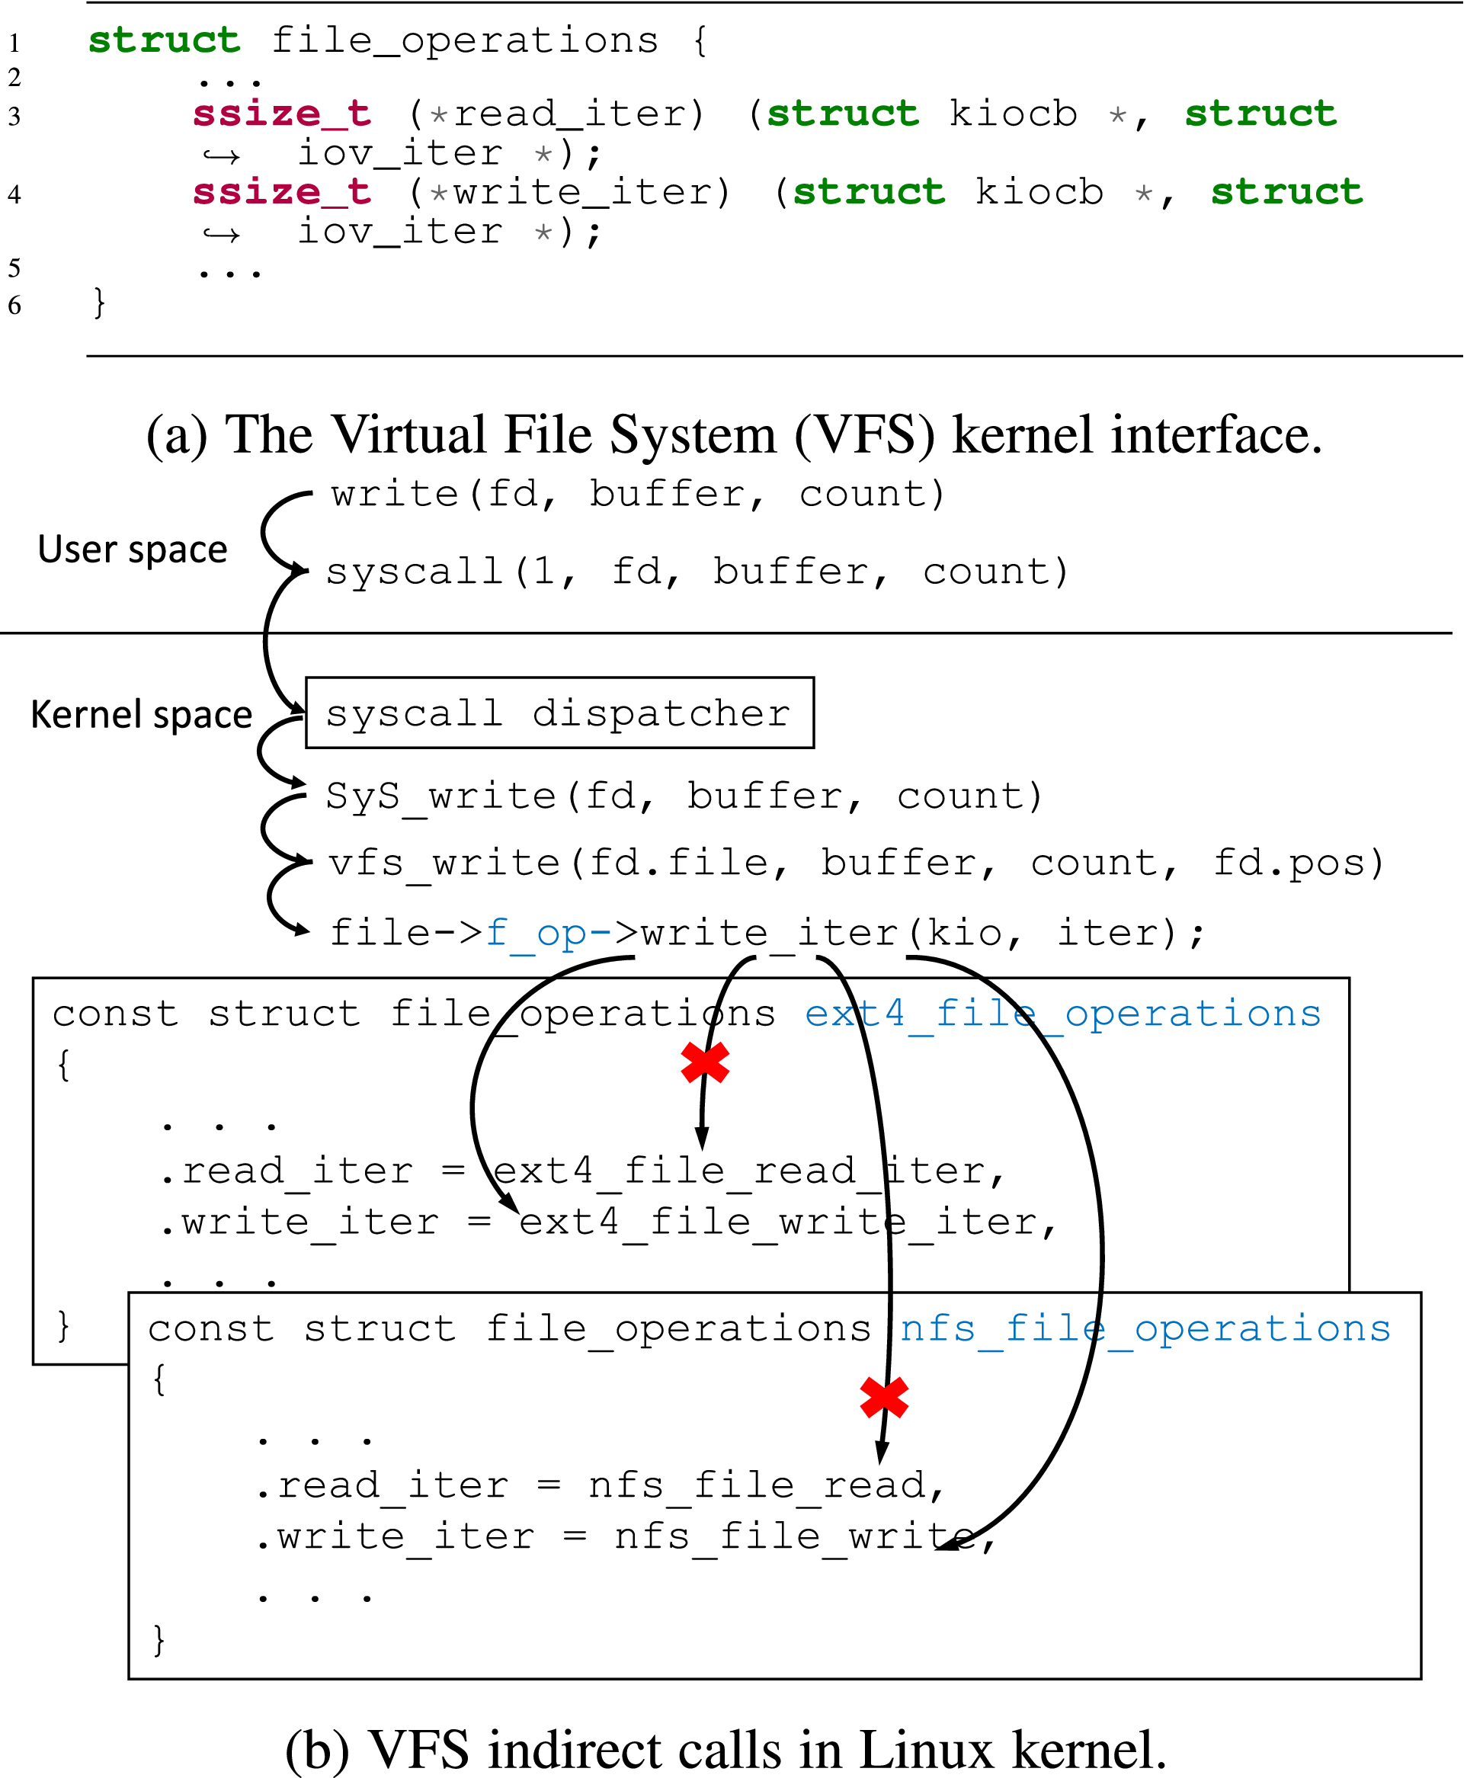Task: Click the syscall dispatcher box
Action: (559, 713)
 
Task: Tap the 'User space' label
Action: (133, 549)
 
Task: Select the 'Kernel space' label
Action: (141, 714)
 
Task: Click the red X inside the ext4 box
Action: (705, 1062)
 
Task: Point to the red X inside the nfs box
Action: (884, 1397)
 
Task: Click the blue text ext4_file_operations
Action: (1062, 1013)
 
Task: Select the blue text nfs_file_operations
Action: (1145, 1328)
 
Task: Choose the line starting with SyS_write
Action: (684, 796)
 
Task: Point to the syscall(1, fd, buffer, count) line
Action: (697, 572)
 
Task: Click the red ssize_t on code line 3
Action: (282, 114)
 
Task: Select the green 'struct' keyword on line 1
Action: (164, 40)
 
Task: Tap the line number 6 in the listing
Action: (14, 305)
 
